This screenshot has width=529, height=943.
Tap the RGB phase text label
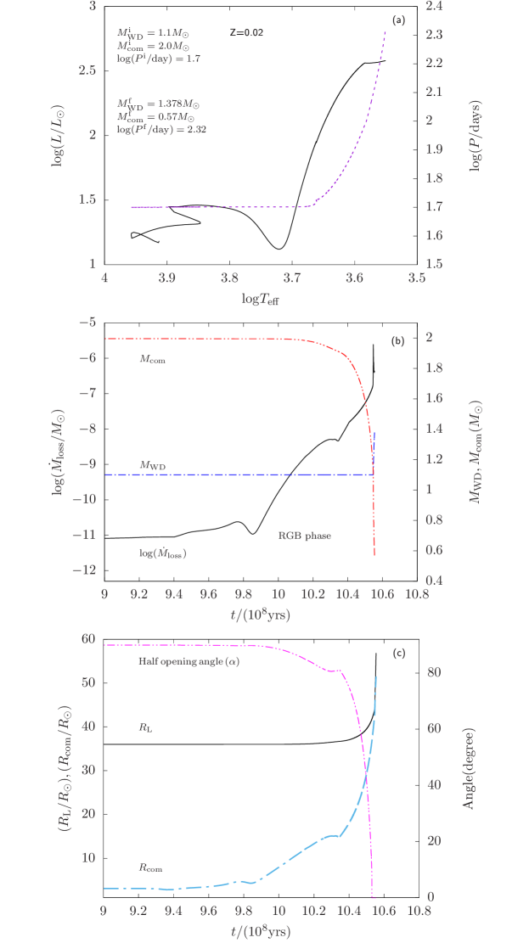point(305,536)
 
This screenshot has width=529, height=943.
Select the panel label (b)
point(397,341)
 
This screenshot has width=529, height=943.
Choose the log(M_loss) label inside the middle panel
point(162,553)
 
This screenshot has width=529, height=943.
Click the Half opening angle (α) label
point(189,660)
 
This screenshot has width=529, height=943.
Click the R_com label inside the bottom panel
point(150,867)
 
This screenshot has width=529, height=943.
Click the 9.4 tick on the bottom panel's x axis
point(173,911)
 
